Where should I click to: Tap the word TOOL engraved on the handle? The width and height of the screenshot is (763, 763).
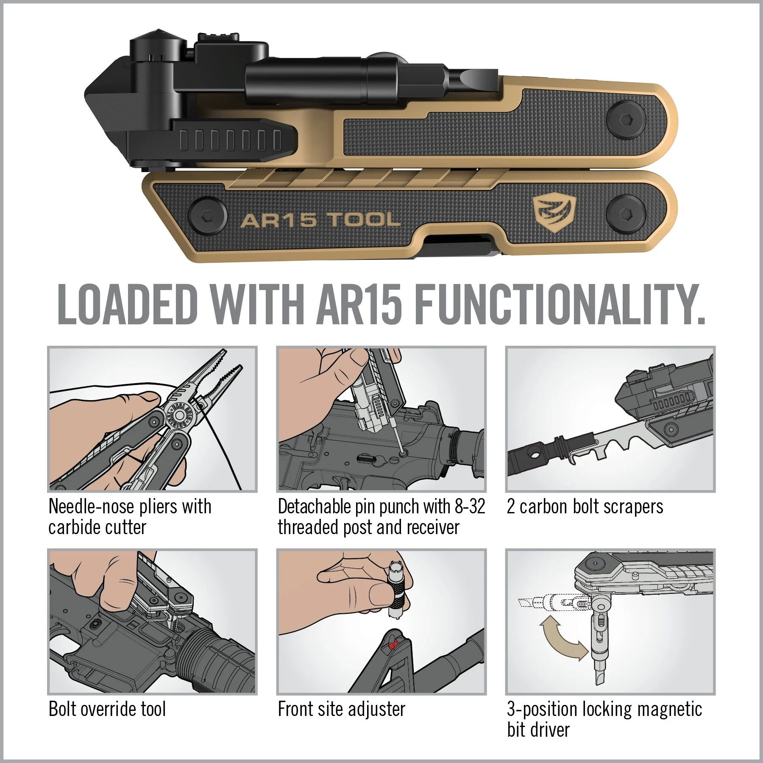365,220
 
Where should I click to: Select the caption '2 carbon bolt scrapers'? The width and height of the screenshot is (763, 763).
585,507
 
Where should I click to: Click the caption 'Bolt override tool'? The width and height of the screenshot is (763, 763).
107,709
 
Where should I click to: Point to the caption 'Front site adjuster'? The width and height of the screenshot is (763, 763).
341,709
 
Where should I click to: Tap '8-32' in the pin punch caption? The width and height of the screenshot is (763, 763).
469,507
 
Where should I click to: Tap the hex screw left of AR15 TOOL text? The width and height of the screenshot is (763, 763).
206,216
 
